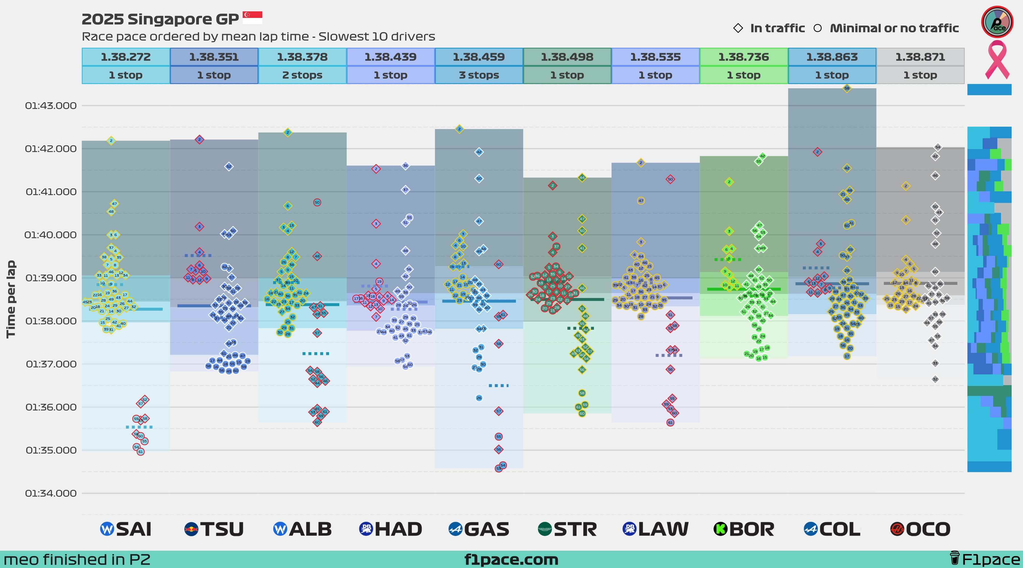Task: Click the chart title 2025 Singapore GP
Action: click(160, 19)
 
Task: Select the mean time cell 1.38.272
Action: click(126, 57)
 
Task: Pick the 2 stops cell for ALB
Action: click(302, 75)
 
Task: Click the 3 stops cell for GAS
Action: click(479, 75)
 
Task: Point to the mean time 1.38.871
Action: click(920, 57)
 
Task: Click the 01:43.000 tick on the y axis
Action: click(51, 106)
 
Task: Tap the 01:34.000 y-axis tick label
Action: click(51, 493)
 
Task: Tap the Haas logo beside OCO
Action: click(897, 529)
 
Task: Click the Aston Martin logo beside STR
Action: click(544, 529)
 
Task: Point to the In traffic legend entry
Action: click(769, 28)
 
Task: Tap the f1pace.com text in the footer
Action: click(511, 560)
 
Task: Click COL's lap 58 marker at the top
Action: click(847, 88)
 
